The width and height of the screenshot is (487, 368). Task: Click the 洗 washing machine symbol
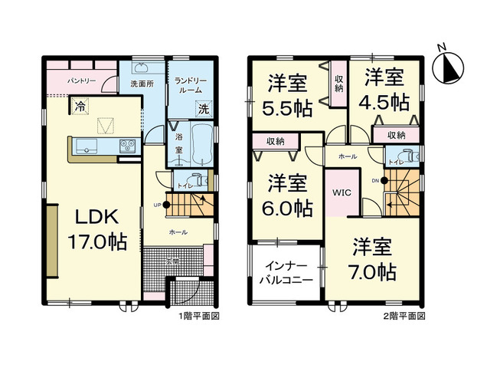tap(203, 108)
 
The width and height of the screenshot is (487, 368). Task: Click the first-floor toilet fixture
tap(197, 182)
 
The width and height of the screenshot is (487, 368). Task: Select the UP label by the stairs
tap(157, 205)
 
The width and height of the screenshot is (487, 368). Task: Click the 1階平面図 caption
tap(201, 315)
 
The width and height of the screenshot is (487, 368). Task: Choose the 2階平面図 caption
tap(404, 315)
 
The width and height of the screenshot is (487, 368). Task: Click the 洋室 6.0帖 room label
tap(288, 194)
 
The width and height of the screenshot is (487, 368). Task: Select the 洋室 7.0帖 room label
tap(374, 258)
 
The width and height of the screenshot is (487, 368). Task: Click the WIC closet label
tap(341, 192)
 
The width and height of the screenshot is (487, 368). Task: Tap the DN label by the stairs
tap(374, 180)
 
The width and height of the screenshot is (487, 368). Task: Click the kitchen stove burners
tap(126, 144)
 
